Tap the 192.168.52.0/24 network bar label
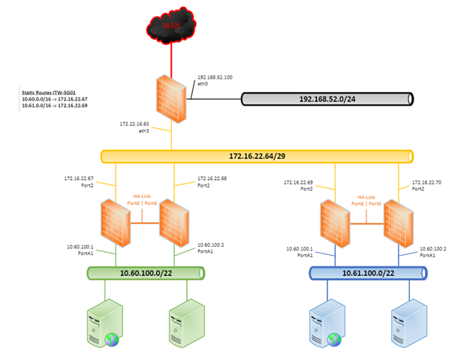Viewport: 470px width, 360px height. click(x=327, y=99)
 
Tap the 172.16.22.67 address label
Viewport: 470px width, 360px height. click(x=79, y=179)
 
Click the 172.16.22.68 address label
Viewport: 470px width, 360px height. click(x=212, y=179)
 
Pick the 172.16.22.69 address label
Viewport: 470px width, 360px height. click(x=298, y=182)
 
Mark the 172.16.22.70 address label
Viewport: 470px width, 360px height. click(x=426, y=182)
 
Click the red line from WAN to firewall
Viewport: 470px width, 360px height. click(x=171, y=59)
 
